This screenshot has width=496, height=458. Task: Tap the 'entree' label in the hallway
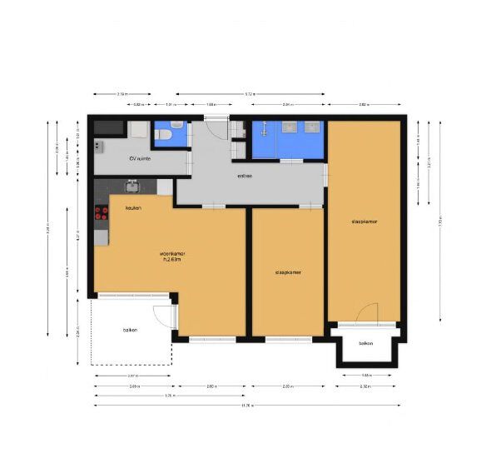244,177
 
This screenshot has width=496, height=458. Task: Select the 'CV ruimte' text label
138,158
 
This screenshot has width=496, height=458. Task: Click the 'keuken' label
133,207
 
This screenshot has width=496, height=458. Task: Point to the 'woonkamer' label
171,253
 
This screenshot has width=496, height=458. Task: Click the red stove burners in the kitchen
102,212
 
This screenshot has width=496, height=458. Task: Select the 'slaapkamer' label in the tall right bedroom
365,222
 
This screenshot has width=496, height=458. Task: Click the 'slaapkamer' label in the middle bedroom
288,272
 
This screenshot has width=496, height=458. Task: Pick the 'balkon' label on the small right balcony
366,343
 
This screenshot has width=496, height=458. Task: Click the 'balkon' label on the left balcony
130,331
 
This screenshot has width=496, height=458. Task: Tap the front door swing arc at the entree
215,130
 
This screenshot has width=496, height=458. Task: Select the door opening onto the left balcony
163,317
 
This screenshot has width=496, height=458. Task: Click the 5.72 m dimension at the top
250,93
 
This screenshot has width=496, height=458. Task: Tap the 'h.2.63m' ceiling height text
171,260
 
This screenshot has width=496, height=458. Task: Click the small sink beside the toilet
137,131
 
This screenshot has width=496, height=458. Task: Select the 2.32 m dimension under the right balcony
365,387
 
